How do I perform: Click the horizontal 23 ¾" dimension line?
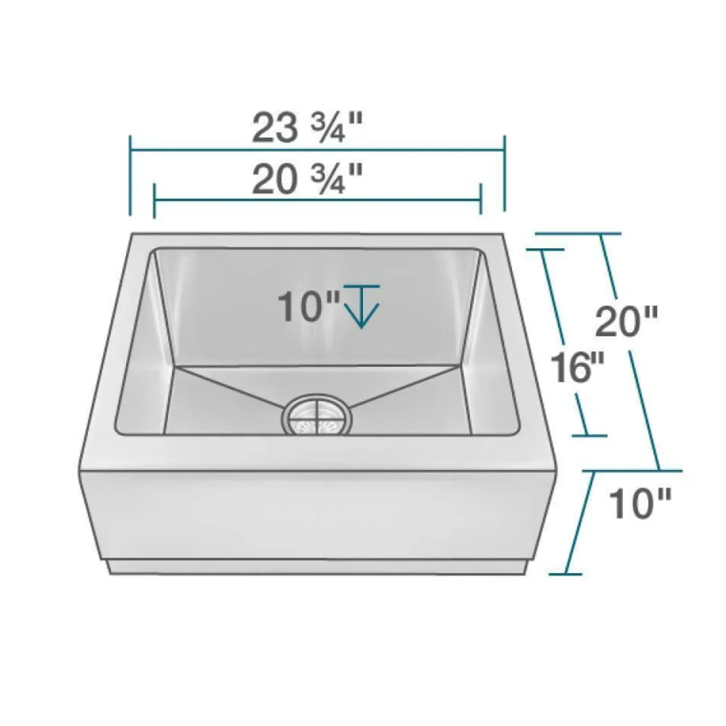tap(317, 150)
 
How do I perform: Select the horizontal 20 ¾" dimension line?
tap(317, 200)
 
